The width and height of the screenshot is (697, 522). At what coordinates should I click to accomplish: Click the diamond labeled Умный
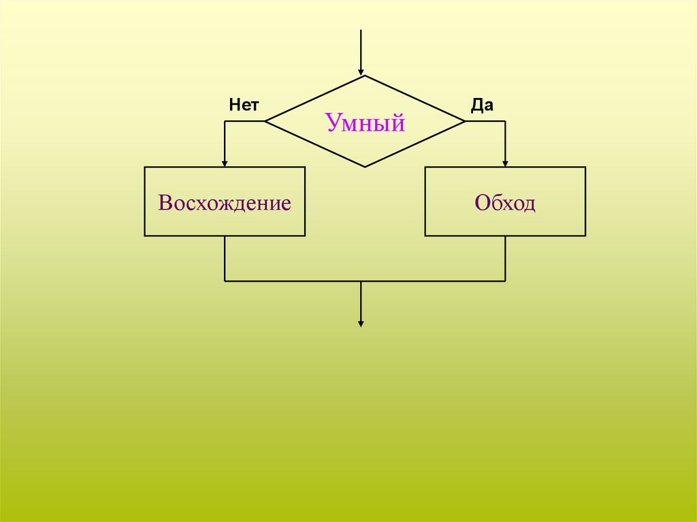pos(365,122)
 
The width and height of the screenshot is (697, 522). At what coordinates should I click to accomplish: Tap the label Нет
pos(244,105)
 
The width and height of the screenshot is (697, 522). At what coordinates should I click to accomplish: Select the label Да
pos(482,105)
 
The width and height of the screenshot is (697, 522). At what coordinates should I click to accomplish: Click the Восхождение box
pos(225,201)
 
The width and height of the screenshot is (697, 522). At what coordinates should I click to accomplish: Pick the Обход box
pos(505,201)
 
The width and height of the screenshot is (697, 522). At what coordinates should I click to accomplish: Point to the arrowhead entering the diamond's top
pos(361,71)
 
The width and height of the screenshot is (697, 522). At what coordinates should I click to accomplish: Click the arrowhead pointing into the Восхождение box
pos(225,162)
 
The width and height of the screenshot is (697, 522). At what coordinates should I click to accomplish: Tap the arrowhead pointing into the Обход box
pos(505,162)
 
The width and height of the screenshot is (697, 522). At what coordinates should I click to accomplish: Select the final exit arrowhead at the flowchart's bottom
pos(361,323)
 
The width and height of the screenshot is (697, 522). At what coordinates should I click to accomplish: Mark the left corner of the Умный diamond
pos(265,121)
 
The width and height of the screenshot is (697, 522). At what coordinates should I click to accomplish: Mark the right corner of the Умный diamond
pos(465,121)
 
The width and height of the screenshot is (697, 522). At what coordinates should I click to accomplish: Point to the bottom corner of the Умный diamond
pos(365,167)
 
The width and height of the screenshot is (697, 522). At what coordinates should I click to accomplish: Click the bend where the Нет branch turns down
pos(225,121)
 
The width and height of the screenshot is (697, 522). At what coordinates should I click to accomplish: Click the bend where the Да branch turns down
pos(505,121)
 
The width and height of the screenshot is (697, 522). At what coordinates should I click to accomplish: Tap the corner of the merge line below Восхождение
pos(225,280)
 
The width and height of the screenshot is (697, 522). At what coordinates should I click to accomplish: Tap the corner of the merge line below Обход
pos(505,280)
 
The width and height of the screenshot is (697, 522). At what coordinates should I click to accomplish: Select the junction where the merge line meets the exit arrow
pos(361,280)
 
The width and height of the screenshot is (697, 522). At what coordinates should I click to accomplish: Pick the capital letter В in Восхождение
pos(164,203)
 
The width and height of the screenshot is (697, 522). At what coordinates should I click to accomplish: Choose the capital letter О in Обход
pos(482,203)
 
